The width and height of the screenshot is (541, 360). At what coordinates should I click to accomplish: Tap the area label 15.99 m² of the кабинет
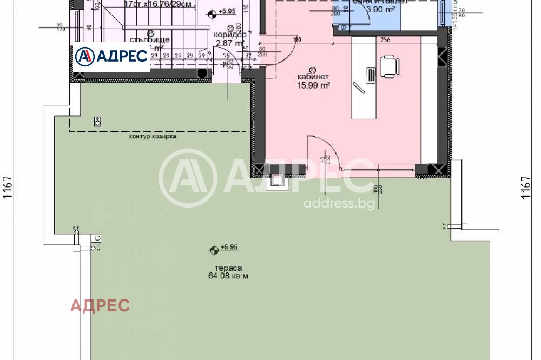pyautogui.click(x=313, y=85)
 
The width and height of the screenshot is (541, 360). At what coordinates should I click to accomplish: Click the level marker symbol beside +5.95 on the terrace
pyautogui.click(x=215, y=249)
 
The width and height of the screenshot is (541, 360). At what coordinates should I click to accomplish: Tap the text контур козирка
pyautogui.click(x=153, y=136)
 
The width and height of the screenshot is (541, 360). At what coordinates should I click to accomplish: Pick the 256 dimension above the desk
pyautogui.click(x=385, y=39)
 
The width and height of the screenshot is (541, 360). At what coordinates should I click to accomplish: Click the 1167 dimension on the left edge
pyautogui.click(x=8, y=188)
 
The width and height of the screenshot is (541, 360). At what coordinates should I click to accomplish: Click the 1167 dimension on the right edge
pyautogui.click(x=525, y=188)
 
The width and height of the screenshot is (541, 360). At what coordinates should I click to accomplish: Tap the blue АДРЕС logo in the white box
pyautogui.click(x=111, y=56)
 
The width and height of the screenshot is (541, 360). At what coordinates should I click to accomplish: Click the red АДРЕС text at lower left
pyautogui.click(x=100, y=305)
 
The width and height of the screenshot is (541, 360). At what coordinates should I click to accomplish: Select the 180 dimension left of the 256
pyautogui.click(x=296, y=39)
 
